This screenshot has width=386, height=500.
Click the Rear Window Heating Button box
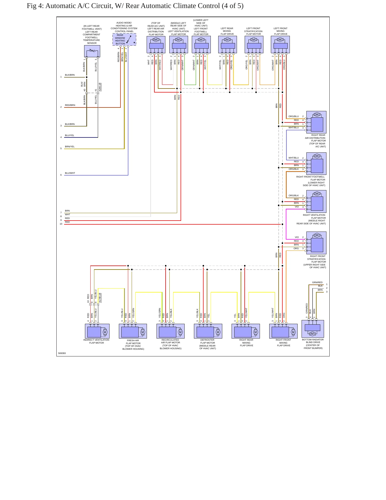pyautogui.click(x=124, y=39)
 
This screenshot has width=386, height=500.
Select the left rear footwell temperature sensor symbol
pyautogui.click(x=92, y=51)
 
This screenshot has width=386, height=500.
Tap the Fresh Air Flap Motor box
pyautogui.click(x=133, y=331)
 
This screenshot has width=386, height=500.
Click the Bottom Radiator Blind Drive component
pyautogui.click(x=313, y=329)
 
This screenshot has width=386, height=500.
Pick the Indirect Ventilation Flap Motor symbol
pyautogui.click(x=97, y=331)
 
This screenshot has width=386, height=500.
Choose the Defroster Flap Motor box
pyautogui.click(x=208, y=331)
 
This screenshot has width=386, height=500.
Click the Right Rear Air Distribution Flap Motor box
pyautogui.click(x=316, y=122)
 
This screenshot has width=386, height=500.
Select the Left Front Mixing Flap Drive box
pyautogui.click(x=280, y=45)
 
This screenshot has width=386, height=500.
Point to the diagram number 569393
pyautogui.click(x=62, y=353)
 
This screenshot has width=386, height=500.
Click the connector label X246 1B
pyautogui.click(x=100, y=87)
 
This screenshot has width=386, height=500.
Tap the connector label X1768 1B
pyautogui.click(x=100, y=298)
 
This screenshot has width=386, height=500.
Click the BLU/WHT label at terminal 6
pyautogui.click(x=70, y=173)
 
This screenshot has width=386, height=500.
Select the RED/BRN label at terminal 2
pyautogui.click(x=70, y=105)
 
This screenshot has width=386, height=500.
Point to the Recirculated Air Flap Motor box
pyautogui.click(x=170, y=331)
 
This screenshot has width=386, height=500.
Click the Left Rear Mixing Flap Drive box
pyautogui.click(x=228, y=45)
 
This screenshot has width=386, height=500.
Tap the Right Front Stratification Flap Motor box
pyautogui.click(x=316, y=243)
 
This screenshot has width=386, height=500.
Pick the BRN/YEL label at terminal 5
pyautogui.click(x=70, y=147)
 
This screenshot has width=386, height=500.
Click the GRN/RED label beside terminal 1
pyautogui.click(x=317, y=282)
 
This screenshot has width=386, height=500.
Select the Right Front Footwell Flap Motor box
pyautogui.click(x=316, y=164)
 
